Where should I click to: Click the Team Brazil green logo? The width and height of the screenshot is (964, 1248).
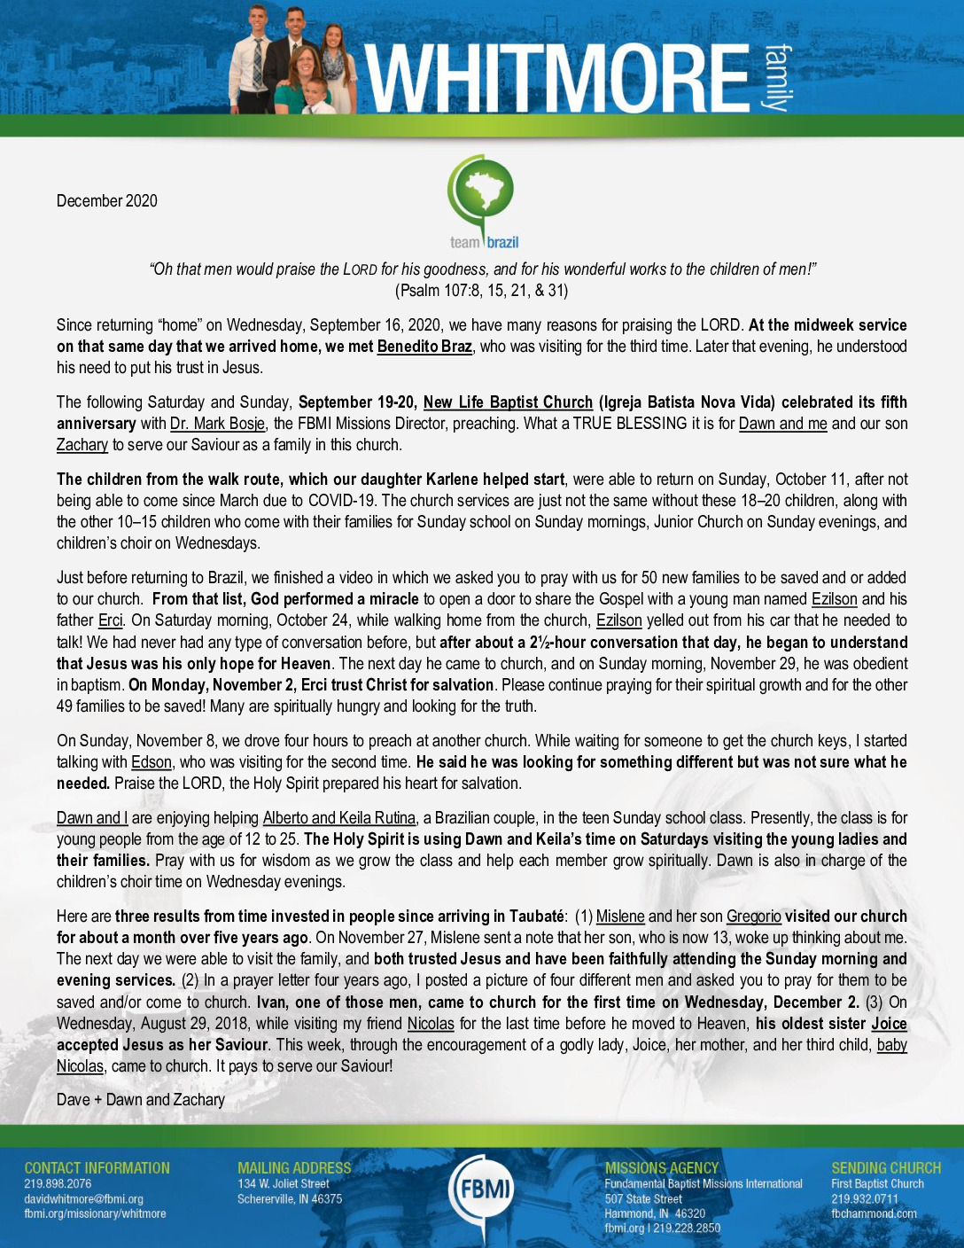point(481,202)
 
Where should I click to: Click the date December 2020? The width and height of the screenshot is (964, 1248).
point(107,201)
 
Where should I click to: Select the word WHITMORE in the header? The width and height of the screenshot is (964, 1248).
point(557,78)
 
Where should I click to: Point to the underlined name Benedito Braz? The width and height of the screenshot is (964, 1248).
point(424,347)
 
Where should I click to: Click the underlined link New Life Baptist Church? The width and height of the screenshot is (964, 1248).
point(508,402)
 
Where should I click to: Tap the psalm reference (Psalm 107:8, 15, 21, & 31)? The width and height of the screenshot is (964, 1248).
point(481,291)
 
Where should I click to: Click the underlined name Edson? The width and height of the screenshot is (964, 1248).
point(152,762)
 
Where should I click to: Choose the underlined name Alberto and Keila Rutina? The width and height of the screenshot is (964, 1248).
point(339,818)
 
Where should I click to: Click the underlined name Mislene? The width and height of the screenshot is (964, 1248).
point(620,916)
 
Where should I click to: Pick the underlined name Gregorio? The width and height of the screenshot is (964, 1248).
point(753,916)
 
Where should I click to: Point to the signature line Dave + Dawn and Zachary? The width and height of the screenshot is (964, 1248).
point(141,1100)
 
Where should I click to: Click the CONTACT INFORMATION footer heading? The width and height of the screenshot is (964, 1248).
point(97,1168)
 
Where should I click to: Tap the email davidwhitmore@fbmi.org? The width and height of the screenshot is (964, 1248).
point(83,1199)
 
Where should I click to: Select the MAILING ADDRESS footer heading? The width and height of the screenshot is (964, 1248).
point(294,1168)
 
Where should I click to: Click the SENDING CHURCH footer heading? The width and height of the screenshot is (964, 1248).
point(886,1168)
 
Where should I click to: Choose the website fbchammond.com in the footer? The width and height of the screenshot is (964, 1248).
point(874,1213)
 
